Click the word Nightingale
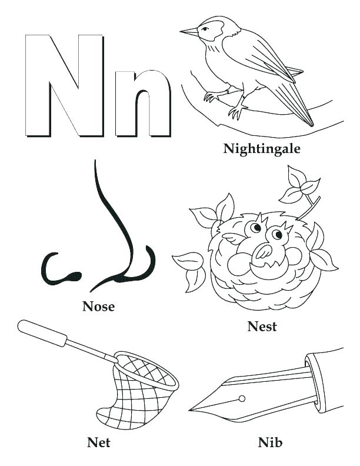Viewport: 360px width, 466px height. click(262, 148)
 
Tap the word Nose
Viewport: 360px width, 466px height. click(99, 306)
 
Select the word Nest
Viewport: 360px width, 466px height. click(262, 325)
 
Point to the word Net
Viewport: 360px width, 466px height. click(99, 441)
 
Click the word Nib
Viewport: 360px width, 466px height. click(270, 441)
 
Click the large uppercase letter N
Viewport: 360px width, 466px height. click(59, 85)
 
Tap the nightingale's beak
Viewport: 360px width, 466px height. click(189, 31)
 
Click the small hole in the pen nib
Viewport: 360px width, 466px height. click(242, 399)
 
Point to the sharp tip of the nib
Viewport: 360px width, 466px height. click(192, 410)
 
